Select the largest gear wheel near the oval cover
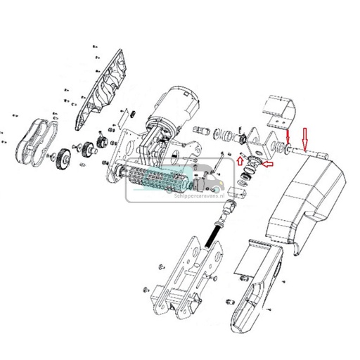point(63,160)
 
